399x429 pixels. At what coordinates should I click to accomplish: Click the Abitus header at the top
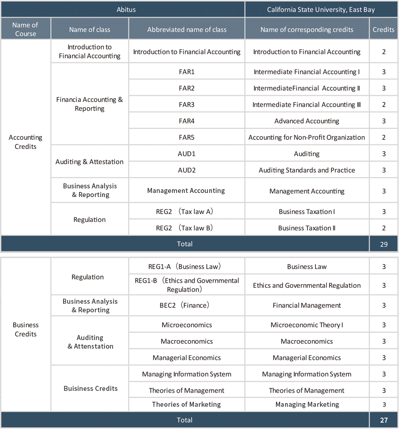[x=123, y=9]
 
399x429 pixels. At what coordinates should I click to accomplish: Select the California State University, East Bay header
[x=321, y=9]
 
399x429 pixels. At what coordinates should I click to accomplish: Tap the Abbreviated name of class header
[x=187, y=30]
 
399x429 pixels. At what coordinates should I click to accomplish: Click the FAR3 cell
[x=187, y=104]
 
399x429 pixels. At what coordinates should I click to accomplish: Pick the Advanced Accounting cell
[x=306, y=121]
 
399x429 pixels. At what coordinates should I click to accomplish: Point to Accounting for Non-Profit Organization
[x=306, y=137]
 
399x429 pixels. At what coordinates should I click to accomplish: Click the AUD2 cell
[x=187, y=170]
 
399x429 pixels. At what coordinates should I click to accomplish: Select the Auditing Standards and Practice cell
[x=306, y=170]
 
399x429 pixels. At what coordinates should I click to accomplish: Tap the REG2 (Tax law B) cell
[x=187, y=228]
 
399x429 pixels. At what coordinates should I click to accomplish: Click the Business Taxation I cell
[x=306, y=212]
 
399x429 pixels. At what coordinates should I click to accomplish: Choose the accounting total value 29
[x=384, y=244]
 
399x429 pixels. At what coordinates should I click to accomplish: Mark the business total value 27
[x=384, y=420]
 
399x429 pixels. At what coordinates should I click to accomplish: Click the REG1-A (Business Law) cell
[x=187, y=266]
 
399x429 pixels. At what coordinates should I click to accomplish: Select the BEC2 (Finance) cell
[x=187, y=306]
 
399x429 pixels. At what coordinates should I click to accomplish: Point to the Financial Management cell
[x=306, y=306]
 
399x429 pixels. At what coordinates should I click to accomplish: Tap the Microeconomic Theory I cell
[x=306, y=325]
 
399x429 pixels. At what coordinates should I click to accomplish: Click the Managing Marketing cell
[x=306, y=404]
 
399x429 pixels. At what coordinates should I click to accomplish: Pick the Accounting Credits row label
[x=25, y=142]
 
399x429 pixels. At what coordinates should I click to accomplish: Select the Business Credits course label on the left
[x=25, y=329]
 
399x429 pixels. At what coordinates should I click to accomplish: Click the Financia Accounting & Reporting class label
[x=89, y=104]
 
